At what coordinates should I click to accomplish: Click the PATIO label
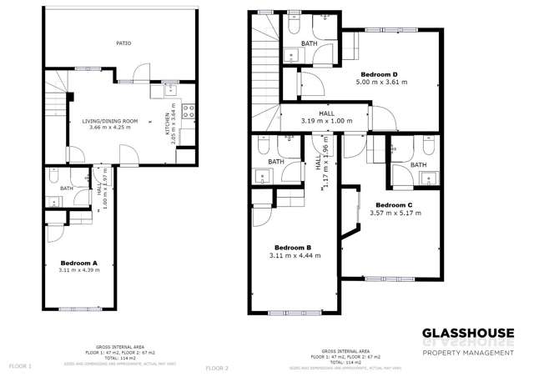(x=123, y=43)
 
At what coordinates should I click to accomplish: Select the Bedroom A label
(x=78, y=263)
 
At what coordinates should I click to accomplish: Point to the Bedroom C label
(x=394, y=204)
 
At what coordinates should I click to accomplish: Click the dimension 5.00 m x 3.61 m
(x=382, y=83)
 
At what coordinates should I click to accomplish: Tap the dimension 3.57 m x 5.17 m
(x=394, y=213)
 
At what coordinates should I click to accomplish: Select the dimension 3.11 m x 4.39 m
(x=78, y=270)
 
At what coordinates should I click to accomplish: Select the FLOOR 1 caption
(x=20, y=366)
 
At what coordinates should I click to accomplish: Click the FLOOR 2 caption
(x=217, y=367)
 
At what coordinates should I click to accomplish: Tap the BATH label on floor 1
(x=67, y=188)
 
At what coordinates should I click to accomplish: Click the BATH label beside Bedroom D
(x=310, y=43)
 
